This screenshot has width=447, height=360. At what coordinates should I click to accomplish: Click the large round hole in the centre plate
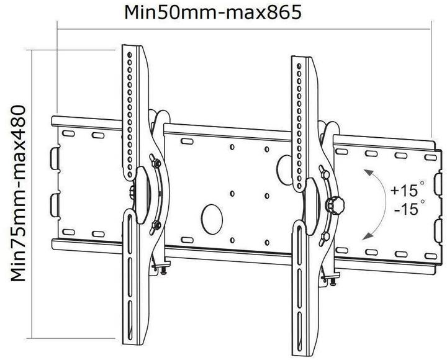(212, 217)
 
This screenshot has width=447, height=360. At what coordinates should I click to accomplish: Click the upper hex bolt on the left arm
(155, 163)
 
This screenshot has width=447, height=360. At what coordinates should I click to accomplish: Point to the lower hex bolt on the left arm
(156, 225)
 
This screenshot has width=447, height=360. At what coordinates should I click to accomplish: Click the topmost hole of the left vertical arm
(129, 55)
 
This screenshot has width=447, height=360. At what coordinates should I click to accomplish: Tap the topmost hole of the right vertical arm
(299, 64)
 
